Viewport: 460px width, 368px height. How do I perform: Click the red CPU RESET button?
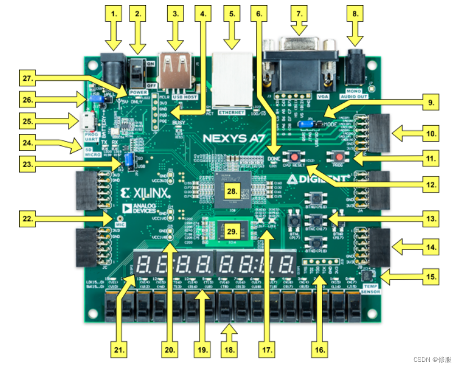click(x=293, y=157)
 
